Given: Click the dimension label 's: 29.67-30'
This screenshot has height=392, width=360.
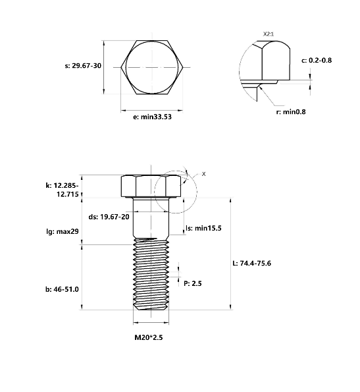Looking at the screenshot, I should click(82, 66).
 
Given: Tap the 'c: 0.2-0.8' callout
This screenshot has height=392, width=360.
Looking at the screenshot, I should click(316, 61).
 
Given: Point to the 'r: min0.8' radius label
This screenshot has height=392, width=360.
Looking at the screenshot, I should click(290, 111).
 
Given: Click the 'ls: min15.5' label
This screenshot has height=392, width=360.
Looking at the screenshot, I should click(203, 228).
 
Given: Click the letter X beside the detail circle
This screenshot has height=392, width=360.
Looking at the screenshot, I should click(203, 173).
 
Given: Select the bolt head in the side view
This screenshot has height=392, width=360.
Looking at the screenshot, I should click(151, 186).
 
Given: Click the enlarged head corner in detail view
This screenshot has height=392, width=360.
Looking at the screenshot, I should click(270, 63).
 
